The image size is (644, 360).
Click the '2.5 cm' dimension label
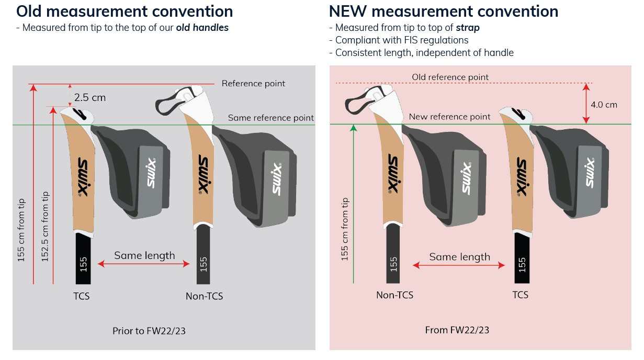click(x=89, y=97)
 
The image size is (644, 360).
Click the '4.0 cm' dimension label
click(x=604, y=105)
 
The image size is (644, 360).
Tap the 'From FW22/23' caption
click(x=457, y=330)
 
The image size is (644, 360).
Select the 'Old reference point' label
click(x=450, y=77)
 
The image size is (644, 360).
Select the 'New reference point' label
click(x=449, y=117)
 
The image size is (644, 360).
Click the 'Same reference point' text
click(x=270, y=118)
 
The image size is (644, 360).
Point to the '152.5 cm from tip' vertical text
click(x=46, y=226)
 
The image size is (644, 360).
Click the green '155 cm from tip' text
click(x=345, y=229)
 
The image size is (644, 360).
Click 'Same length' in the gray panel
click(x=144, y=255)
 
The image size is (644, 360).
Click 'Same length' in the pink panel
click(x=459, y=256)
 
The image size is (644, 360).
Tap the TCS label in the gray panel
click(x=81, y=296)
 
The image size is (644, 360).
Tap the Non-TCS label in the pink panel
click(x=394, y=295)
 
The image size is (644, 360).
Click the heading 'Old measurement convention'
click(x=125, y=11)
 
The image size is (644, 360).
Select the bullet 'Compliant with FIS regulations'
click(x=402, y=40)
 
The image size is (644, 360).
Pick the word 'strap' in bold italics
click(x=467, y=28)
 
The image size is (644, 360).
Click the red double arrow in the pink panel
click(x=459, y=266)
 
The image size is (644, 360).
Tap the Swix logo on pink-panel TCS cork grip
click(x=521, y=176)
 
